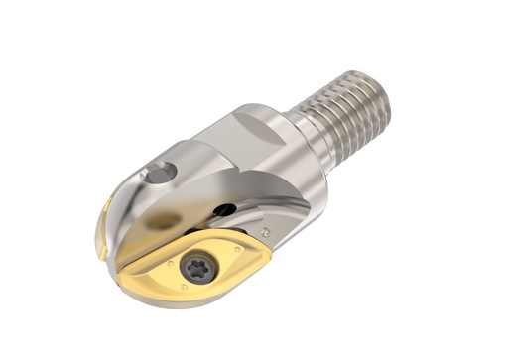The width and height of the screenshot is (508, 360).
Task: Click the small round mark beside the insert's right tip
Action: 265,231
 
